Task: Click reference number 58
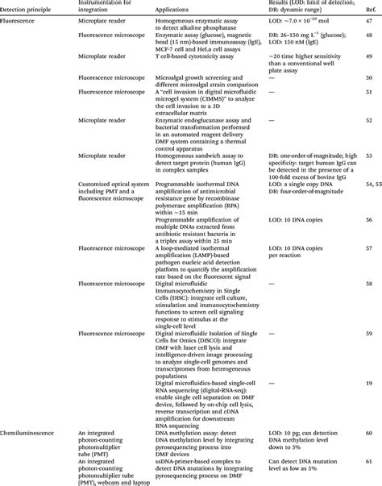[x=368, y=285]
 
